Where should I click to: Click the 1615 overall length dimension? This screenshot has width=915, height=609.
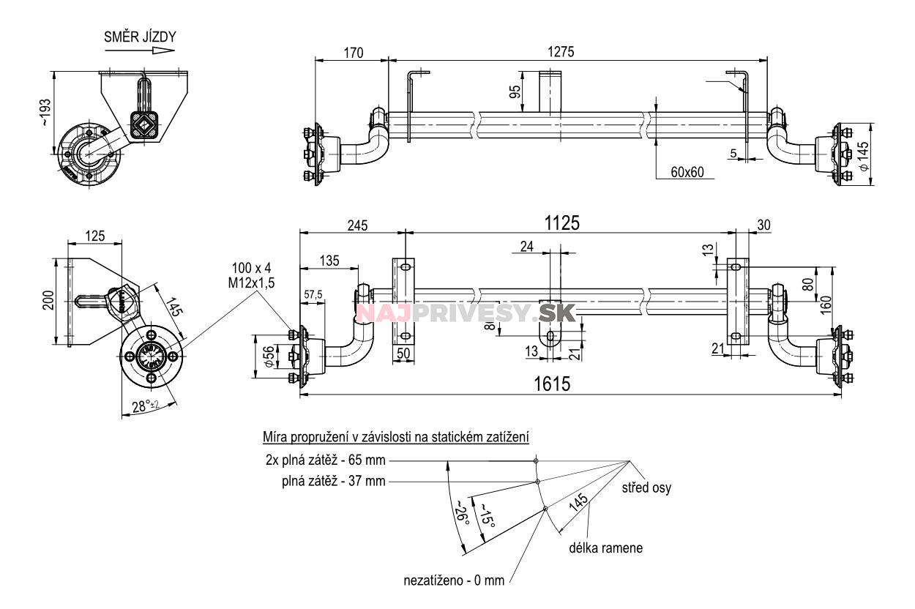[x=552, y=384]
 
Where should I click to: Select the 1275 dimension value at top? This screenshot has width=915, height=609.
[x=561, y=52]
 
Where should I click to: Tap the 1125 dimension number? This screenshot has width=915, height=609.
[x=562, y=223]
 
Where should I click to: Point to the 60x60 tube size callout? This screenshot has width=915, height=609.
[x=687, y=172]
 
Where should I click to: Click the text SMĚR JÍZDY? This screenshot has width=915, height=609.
[x=140, y=37]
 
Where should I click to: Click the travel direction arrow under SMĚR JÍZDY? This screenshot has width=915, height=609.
[x=140, y=51]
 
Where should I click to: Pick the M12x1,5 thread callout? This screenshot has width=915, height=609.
[x=251, y=283]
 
